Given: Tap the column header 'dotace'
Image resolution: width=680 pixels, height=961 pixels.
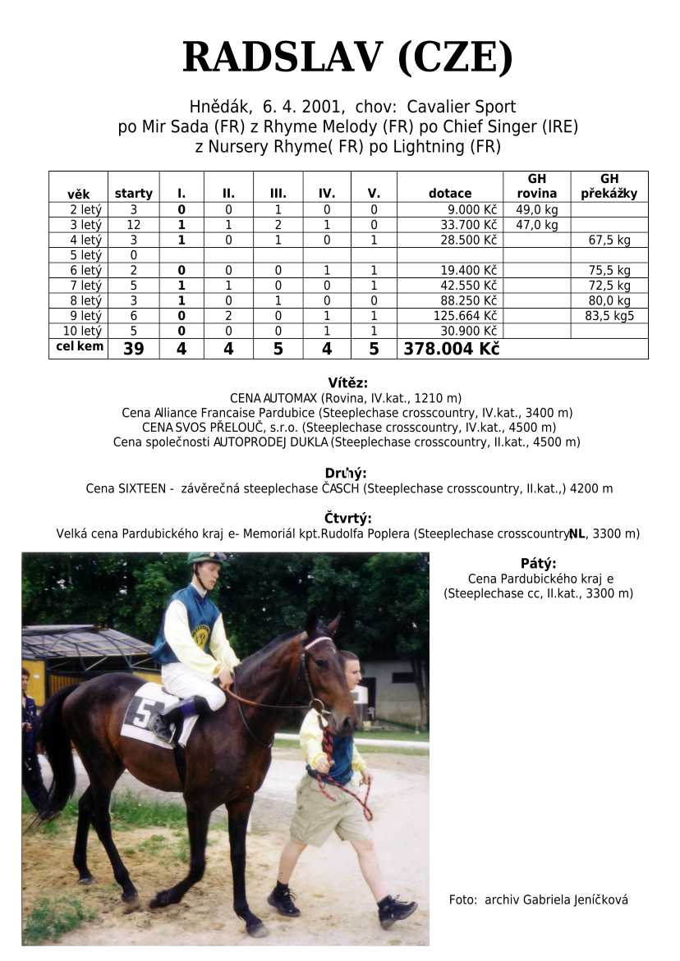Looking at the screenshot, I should click(450, 194).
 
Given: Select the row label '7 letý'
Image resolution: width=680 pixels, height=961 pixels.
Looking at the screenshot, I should click(79, 286).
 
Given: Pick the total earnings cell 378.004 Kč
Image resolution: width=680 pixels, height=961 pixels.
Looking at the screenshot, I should click(451, 349).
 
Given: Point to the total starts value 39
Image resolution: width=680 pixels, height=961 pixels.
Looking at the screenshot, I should click(133, 349).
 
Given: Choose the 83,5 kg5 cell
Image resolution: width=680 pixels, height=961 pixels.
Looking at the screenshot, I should click(609, 316).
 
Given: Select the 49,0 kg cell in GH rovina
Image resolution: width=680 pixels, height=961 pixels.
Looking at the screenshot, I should click(537, 209).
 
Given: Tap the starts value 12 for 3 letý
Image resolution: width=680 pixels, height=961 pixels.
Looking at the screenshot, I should click(133, 225).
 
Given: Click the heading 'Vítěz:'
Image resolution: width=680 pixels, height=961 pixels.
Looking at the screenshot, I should click(347, 382).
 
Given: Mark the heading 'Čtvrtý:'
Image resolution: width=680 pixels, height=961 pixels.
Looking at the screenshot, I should click(347, 518).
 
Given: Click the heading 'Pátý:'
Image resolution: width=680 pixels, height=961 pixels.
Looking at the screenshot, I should click(538, 563).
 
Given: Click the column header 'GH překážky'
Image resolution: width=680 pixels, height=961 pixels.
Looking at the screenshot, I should click(609, 186).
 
